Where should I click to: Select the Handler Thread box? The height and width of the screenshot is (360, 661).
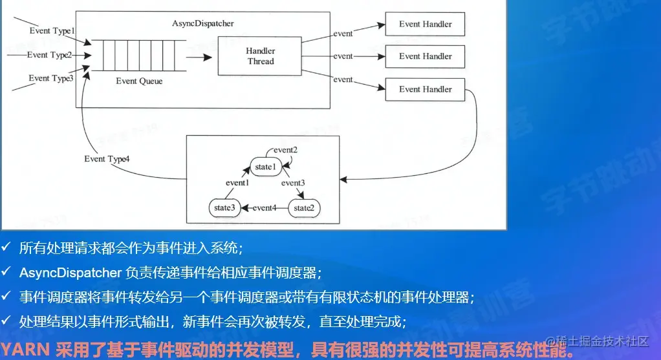(x=261, y=56)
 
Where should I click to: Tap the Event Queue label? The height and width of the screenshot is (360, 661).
(x=139, y=81)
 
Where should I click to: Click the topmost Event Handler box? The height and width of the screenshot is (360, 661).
(x=425, y=24)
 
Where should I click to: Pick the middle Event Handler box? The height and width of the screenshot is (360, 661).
(x=425, y=56)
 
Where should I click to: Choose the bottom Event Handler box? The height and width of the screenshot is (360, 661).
(x=425, y=89)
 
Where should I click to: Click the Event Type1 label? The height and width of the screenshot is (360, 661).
(x=52, y=30)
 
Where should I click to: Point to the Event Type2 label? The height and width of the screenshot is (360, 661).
(x=50, y=55)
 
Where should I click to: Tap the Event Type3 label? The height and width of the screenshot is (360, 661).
(x=51, y=78)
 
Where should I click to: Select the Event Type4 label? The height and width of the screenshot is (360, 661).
(x=107, y=159)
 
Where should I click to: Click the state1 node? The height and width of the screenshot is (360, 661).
(x=265, y=167)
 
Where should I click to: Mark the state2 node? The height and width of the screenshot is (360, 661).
(x=304, y=208)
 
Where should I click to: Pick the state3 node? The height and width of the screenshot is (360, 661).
(x=224, y=208)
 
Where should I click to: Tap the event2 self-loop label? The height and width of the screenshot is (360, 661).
(x=285, y=150)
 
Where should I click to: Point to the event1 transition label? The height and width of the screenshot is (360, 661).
(x=237, y=183)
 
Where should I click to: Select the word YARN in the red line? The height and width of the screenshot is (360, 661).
(x=26, y=351)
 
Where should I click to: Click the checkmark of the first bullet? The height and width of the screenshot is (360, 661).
(x=6, y=248)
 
